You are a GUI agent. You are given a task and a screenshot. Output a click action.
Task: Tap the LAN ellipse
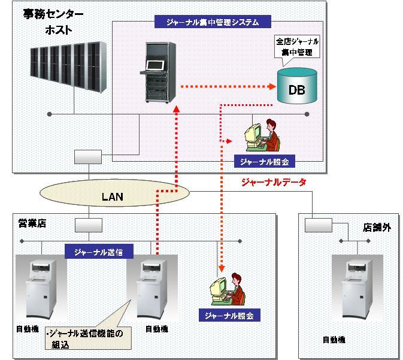114,195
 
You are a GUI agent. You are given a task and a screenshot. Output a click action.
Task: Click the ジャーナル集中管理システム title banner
212,23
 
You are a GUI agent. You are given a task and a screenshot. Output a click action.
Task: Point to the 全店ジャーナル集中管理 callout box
297,47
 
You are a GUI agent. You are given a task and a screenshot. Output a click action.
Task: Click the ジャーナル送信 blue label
99,252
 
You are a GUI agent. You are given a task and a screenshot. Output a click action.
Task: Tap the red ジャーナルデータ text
273,182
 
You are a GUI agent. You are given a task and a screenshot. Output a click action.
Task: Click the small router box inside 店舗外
318,225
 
